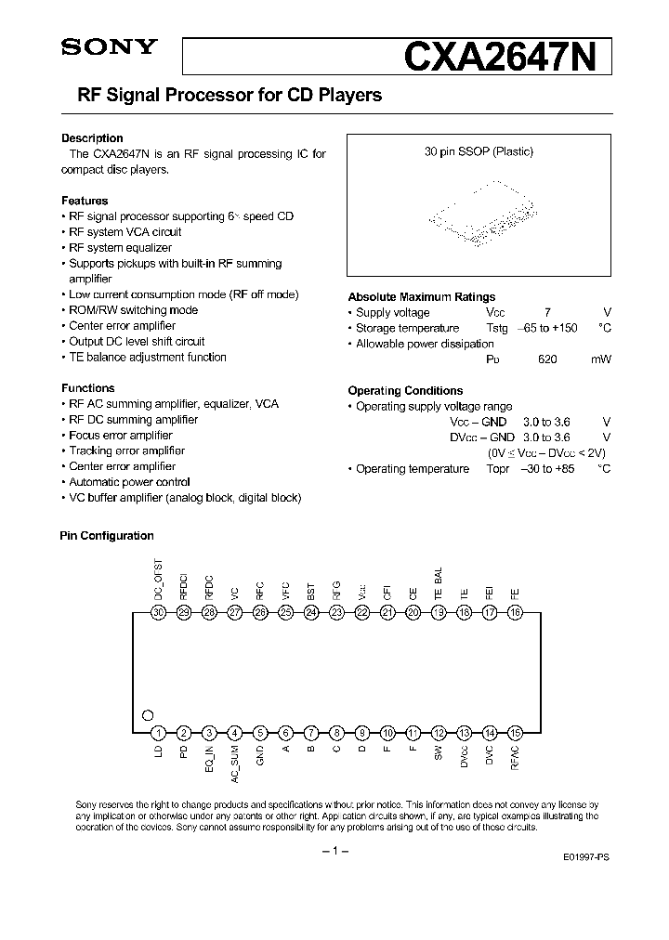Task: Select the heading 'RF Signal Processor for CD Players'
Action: (x=221, y=95)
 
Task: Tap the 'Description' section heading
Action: (x=92, y=138)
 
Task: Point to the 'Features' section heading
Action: (x=85, y=201)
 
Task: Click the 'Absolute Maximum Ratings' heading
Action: (x=421, y=297)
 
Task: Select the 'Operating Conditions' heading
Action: (x=405, y=391)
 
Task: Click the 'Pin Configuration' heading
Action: (x=107, y=536)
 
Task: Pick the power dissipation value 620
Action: (x=547, y=359)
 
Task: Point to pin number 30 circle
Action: (x=159, y=612)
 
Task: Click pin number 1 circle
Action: (x=159, y=732)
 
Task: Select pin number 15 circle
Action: (x=515, y=732)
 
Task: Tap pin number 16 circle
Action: (x=515, y=612)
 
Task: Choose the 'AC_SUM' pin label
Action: (x=236, y=764)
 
